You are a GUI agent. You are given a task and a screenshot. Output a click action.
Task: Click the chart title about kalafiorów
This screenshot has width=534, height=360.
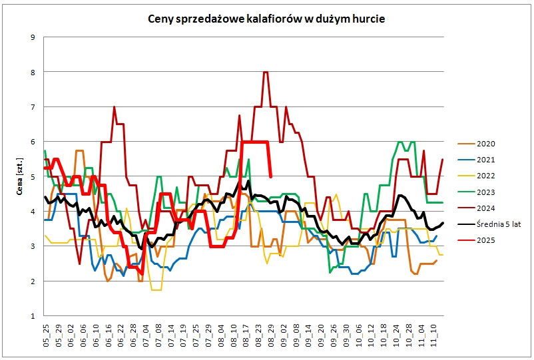[x=266, y=19]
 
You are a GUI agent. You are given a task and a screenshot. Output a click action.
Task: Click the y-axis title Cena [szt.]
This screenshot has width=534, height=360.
[x=20, y=176]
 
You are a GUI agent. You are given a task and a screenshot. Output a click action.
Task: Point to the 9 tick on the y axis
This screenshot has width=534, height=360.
[x=32, y=37]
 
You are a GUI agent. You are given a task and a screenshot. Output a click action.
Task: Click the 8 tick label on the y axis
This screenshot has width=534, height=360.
[x=32, y=72]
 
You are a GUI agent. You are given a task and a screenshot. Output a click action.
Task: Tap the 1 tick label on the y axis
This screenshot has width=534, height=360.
[x=32, y=316]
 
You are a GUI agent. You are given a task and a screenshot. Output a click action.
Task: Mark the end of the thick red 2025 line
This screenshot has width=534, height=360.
[x=270, y=176]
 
